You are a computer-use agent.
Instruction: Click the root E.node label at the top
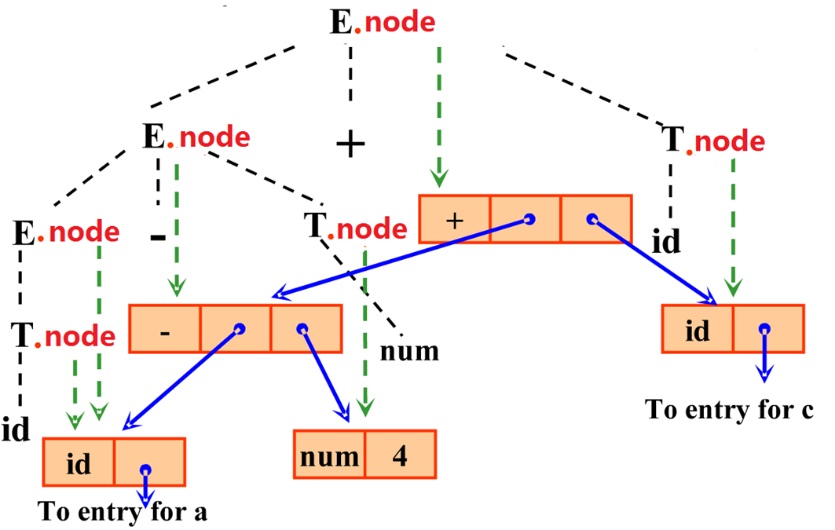click(x=382, y=22)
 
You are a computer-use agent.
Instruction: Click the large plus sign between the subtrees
click(x=351, y=144)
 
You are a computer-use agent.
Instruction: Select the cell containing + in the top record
click(x=455, y=219)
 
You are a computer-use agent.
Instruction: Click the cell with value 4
click(x=399, y=454)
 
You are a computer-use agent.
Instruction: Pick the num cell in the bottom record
click(x=329, y=454)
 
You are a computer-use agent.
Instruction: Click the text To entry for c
click(x=727, y=409)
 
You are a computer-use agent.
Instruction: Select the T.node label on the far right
click(x=714, y=141)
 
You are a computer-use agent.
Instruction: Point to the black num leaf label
click(x=409, y=351)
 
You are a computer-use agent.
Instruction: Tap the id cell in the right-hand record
click(x=698, y=330)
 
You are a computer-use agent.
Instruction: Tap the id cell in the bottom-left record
click(x=79, y=462)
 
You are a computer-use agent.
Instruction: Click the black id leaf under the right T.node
click(x=667, y=242)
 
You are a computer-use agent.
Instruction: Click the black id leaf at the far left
click(x=15, y=429)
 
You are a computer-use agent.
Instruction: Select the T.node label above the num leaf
click(x=356, y=228)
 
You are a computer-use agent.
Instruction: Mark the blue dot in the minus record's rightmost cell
click(x=301, y=328)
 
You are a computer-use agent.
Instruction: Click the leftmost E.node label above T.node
click(x=66, y=232)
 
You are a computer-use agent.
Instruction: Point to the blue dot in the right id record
click(x=764, y=331)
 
